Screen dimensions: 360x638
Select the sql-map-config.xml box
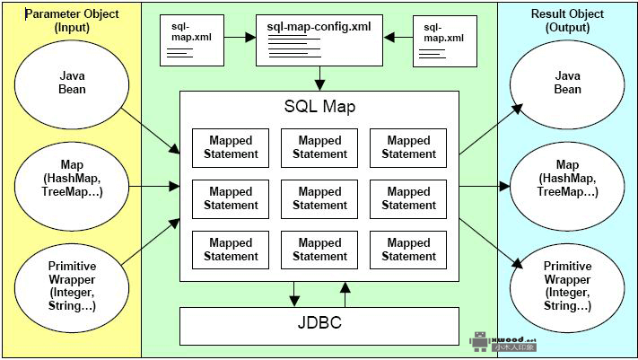coord(319,40)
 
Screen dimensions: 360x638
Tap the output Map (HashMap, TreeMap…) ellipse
coord(567,178)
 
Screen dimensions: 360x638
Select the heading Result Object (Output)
coord(567,22)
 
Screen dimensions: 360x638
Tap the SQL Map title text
coord(319,107)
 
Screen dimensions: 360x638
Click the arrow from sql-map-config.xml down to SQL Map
coord(319,77)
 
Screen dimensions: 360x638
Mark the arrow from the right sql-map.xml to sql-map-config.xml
coord(398,39)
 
